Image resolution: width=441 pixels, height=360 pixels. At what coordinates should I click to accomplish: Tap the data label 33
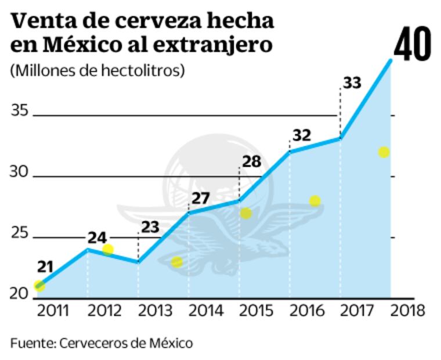coord(352,83)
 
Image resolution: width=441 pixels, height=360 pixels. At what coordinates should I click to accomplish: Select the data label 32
coord(301,135)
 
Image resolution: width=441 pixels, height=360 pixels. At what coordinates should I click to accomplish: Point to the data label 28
coord(251,161)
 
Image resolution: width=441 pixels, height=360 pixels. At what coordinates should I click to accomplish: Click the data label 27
coord(200,198)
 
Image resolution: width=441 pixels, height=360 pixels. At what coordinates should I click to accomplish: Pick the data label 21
coord(45,268)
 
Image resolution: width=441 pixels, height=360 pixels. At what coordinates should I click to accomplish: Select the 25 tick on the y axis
coord(20,233)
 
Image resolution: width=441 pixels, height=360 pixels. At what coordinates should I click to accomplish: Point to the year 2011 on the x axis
coord(53,311)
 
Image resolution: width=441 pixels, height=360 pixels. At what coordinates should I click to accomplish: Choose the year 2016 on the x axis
coord(308,311)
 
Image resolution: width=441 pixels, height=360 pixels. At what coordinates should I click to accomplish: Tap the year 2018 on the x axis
coord(409,311)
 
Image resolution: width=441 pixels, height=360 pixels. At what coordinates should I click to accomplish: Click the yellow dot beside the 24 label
coord(108,250)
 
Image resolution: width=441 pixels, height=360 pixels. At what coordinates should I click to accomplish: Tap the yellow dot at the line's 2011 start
coord(39,285)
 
